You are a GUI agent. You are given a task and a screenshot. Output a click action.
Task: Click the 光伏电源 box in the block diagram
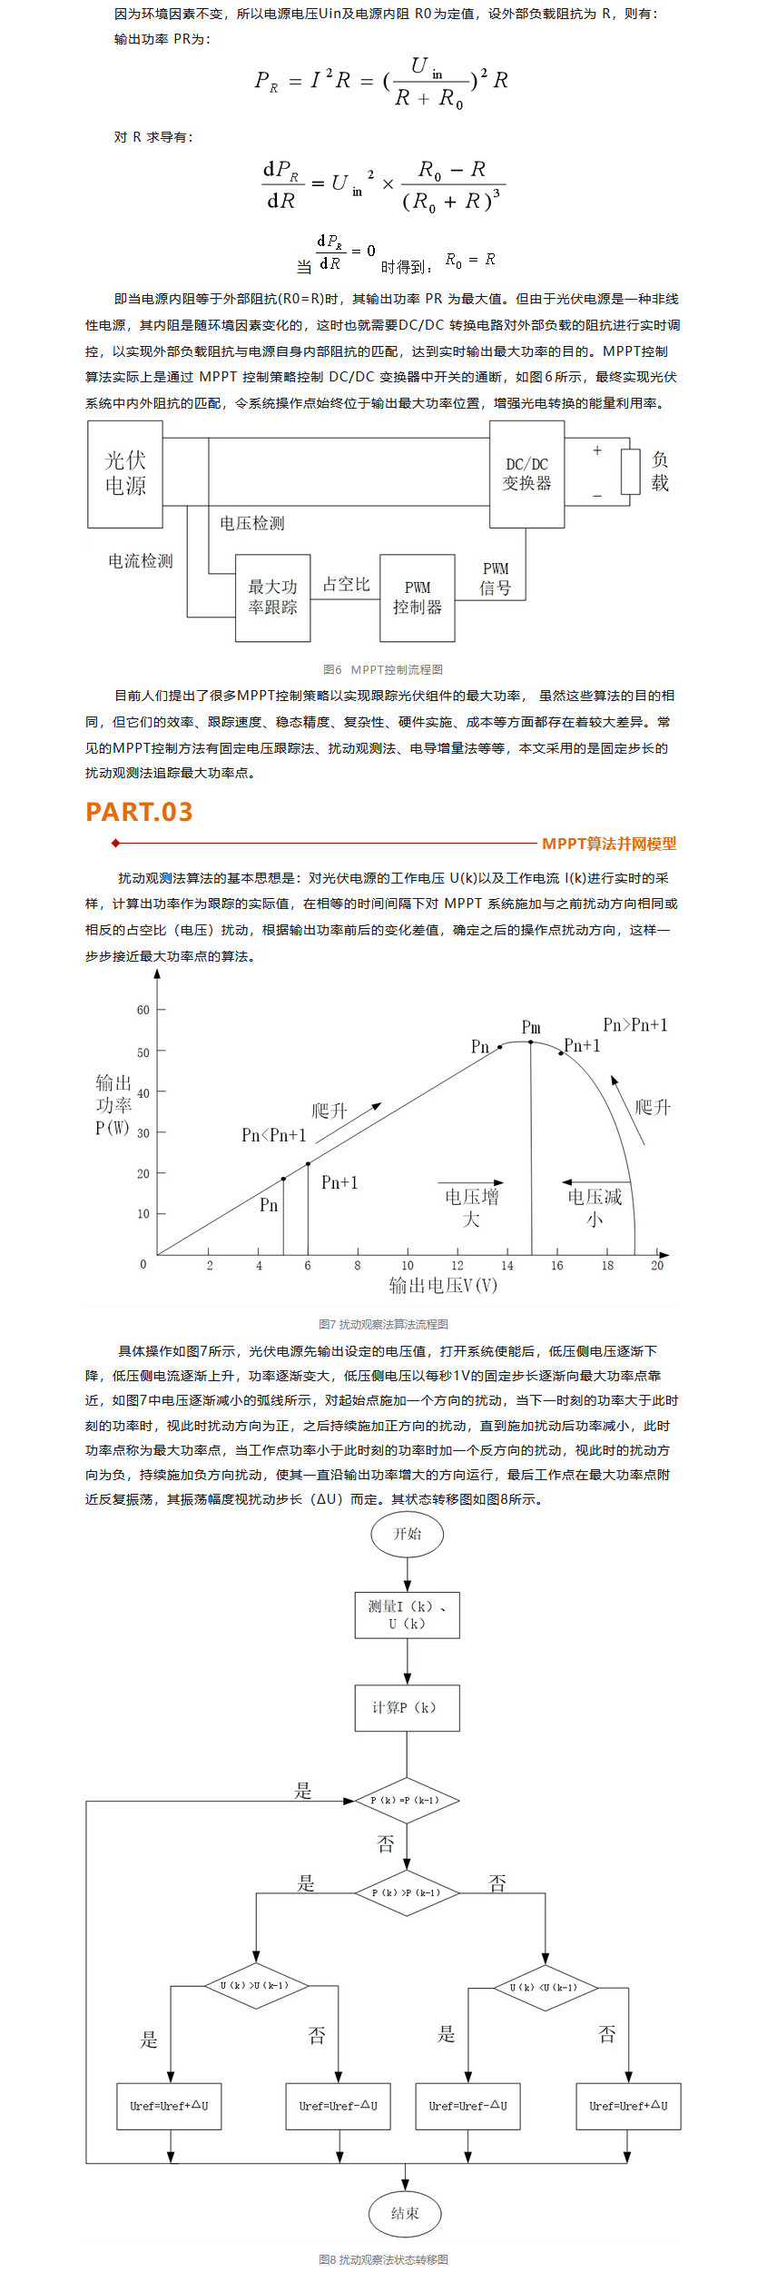tap(124, 473)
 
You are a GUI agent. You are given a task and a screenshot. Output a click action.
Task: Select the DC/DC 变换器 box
tap(526, 473)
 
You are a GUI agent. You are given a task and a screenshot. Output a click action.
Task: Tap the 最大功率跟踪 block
tap(272, 598)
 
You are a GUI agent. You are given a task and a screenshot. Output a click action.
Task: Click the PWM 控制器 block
tap(417, 598)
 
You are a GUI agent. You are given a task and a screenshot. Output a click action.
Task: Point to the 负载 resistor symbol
tap(630, 471)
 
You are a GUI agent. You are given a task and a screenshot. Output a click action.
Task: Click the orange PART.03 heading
tap(139, 812)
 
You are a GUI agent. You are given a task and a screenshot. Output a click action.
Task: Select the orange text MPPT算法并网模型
tap(608, 844)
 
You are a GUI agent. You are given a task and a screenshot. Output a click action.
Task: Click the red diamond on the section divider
tap(115, 844)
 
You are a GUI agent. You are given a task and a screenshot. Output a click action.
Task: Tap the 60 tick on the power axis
tap(143, 1010)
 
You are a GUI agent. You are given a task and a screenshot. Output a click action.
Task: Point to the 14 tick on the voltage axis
tap(506, 1265)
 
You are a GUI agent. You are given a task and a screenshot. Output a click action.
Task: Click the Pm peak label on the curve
tap(531, 1027)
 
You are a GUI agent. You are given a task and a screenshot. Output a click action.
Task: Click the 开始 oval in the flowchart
tap(407, 1534)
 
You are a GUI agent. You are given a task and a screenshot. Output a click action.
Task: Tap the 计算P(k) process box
tap(407, 1707)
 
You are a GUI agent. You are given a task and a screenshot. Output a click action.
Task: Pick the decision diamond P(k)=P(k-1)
tap(406, 1800)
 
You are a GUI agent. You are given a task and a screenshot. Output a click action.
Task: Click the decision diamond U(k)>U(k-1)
tap(255, 1985)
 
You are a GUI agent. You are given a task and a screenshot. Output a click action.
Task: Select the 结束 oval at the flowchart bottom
tap(405, 2213)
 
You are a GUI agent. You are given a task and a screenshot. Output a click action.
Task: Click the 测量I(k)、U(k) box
tap(407, 1615)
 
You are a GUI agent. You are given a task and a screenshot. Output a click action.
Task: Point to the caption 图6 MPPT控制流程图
tap(383, 669)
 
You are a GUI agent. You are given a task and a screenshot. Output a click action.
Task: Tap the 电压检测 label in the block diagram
tap(251, 523)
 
